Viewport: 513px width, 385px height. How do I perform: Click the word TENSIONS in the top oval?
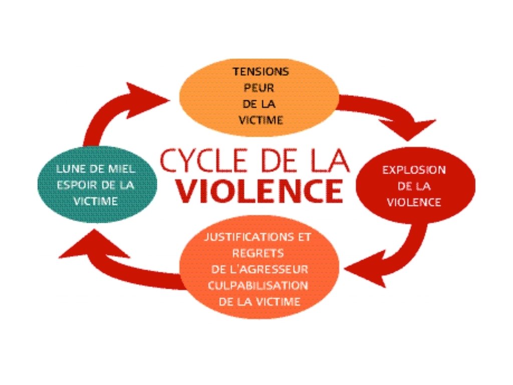coord(261,72)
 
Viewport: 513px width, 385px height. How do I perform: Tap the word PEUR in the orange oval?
coord(261,88)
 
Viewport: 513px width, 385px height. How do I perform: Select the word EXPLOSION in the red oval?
coord(414,169)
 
